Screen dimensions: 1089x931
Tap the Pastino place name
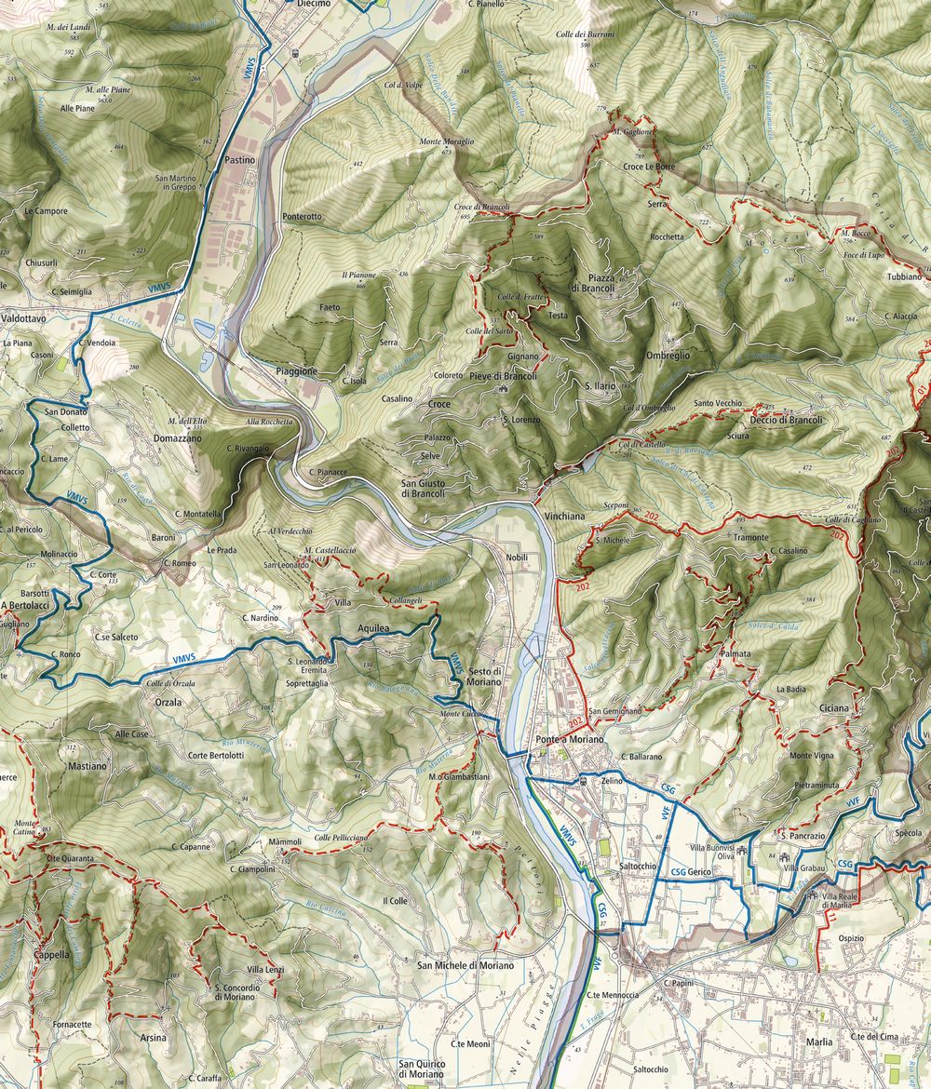coord(240,160)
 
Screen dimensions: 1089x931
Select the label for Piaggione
coord(297,371)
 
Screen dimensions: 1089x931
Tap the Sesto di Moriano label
coord(486,678)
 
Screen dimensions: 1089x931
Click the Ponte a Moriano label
coord(570,739)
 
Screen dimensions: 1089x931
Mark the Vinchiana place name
coord(564,515)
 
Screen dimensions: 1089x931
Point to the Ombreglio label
coord(668,356)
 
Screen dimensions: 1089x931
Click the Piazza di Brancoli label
coord(592,283)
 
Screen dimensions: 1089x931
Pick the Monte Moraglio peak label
coord(447,141)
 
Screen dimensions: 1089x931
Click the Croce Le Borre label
coord(648,168)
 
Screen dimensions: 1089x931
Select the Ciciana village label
coord(834,708)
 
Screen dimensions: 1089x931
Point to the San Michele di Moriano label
coord(465,966)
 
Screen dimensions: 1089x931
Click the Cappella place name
coord(51,955)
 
